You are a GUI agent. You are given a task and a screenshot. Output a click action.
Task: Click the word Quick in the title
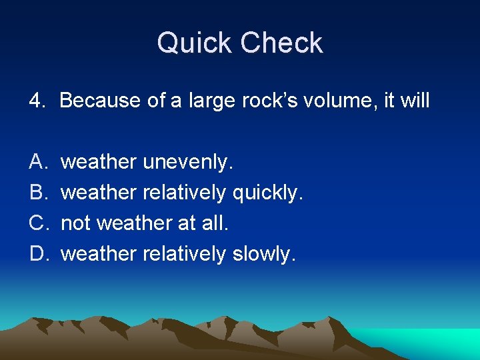point(195,43)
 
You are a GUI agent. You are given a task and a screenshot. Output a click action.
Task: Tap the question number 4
point(36,101)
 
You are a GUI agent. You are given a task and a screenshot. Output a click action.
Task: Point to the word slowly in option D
point(263,254)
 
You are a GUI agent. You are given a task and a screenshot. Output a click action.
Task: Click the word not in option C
point(75,223)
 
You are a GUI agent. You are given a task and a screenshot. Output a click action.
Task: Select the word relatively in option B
point(185,193)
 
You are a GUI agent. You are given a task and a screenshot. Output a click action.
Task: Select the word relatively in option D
point(185,254)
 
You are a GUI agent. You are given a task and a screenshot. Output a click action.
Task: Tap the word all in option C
point(215,223)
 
